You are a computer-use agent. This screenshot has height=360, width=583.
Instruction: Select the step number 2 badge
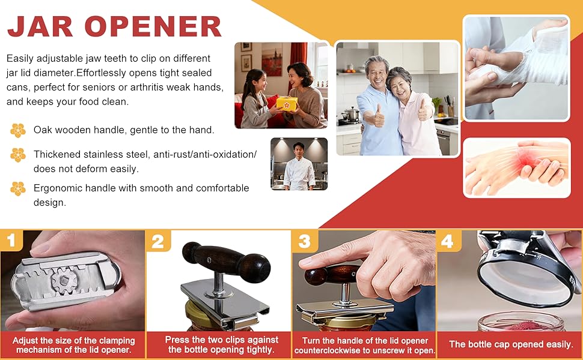158,241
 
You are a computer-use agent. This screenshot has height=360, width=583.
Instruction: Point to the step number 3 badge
305,241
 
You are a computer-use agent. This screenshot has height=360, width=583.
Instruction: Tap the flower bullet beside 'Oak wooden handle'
17,130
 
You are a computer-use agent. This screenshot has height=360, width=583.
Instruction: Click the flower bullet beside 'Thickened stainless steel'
17,155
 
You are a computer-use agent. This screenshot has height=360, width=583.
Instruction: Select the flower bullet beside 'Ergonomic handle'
17,188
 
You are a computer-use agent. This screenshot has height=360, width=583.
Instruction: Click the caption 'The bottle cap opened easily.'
510,344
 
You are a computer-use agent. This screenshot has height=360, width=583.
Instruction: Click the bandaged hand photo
516,68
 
